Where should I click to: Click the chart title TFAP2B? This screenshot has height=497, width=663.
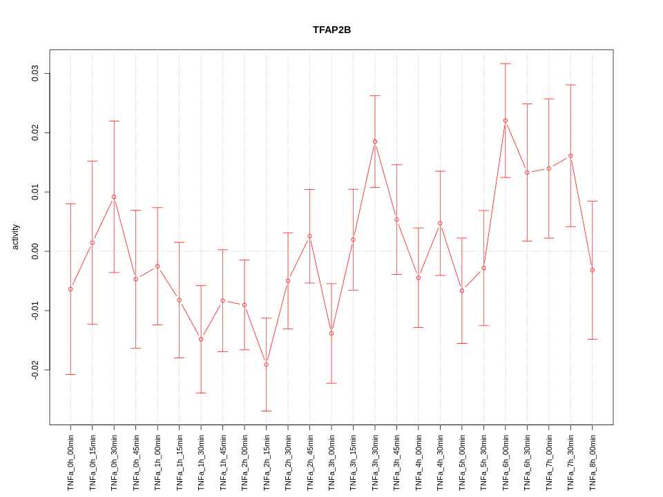click(x=331, y=30)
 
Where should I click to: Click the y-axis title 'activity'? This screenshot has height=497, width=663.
click(x=15, y=237)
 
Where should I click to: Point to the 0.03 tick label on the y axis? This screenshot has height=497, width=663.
click(x=35, y=73)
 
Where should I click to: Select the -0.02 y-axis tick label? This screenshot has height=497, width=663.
click(x=35, y=370)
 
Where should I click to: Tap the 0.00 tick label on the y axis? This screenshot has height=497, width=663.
click(x=35, y=251)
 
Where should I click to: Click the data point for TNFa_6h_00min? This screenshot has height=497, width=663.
click(x=506, y=121)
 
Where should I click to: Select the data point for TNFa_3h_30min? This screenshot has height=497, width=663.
click(x=375, y=142)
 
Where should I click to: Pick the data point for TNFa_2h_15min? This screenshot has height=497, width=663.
click(x=266, y=364)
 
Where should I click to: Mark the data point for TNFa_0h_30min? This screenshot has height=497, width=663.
click(x=114, y=197)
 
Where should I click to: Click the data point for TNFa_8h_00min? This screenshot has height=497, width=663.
click(x=593, y=270)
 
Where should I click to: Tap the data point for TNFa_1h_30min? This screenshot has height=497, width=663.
click(x=201, y=339)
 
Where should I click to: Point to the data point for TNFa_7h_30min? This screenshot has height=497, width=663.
click(x=570, y=156)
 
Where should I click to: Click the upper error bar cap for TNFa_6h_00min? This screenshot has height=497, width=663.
click(x=506, y=64)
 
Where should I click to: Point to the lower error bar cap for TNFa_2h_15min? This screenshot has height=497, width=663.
click(x=266, y=411)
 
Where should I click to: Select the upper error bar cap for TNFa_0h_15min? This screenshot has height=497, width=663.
click(x=92, y=161)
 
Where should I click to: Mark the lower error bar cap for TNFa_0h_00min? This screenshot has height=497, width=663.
click(x=70, y=374)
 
